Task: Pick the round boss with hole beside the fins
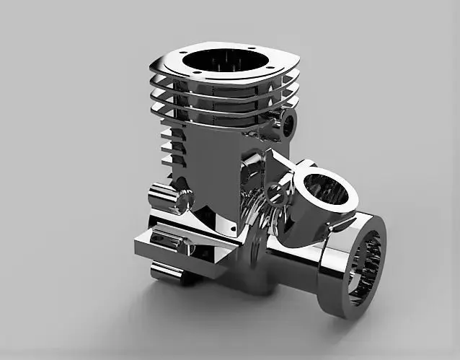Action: coord(289,123)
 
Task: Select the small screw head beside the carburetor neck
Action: coord(274,192)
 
